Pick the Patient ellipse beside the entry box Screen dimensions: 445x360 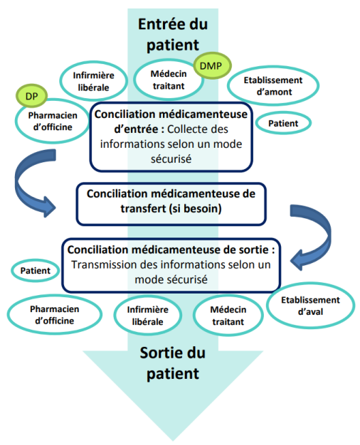[x=282, y=124]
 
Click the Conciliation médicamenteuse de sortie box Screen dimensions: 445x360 [x=170, y=265]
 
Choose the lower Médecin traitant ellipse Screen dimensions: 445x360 [x=228, y=316]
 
